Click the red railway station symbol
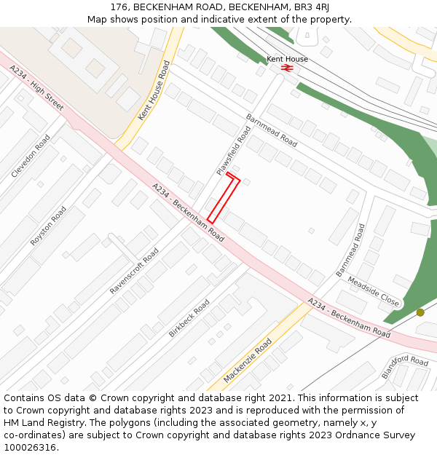click(x=287, y=68)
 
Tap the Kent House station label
click(x=287, y=59)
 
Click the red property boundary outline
click(x=224, y=197)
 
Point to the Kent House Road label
click(x=154, y=91)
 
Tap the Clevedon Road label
click(x=31, y=156)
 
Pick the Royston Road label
click(x=48, y=226)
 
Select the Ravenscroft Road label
click(x=134, y=271)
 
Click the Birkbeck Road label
click(x=189, y=318)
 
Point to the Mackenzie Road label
click(x=248, y=360)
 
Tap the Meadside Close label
click(x=373, y=290)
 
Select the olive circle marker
click(x=420, y=312)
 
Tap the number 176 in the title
click(x=119, y=7)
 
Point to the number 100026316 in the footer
click(x=28, y=447)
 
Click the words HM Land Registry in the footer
click(x=36, y=422)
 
